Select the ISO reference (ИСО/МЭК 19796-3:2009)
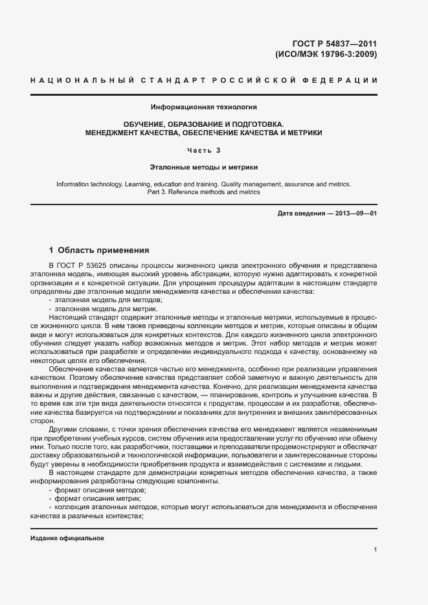(326, 54)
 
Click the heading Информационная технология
(204, 106)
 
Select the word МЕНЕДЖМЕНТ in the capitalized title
(116, 132)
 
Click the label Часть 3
(204, 150)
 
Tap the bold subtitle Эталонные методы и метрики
(204, 166)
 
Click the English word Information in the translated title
(74, 184)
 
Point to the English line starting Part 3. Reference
(204, 192)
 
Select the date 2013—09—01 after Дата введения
(354, 213)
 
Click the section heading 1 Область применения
(99, 250)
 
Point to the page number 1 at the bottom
(375, 550)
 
